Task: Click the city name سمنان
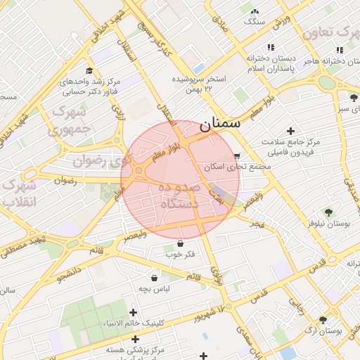(x=219, y=124)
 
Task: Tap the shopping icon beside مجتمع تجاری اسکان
(x=237, y=156)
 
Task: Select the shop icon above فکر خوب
(x=181, y=243)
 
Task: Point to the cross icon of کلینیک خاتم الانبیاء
(x=134, y=312)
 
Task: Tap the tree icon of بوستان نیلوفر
(x=328, y=212)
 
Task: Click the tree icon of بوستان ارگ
(x=323, y=320)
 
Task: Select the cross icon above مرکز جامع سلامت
(x=290, y=131)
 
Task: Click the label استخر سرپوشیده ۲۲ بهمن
(x=201, y=83)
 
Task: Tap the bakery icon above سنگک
(x=254, y=11)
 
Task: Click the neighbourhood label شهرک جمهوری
(x=68, y=120)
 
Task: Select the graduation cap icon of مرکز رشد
(x=89, y=70)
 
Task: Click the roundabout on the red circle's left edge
(x=139, y=170)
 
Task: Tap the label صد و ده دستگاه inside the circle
(x=179, y=196)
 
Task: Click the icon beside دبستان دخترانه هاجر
(x=340, y=50)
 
